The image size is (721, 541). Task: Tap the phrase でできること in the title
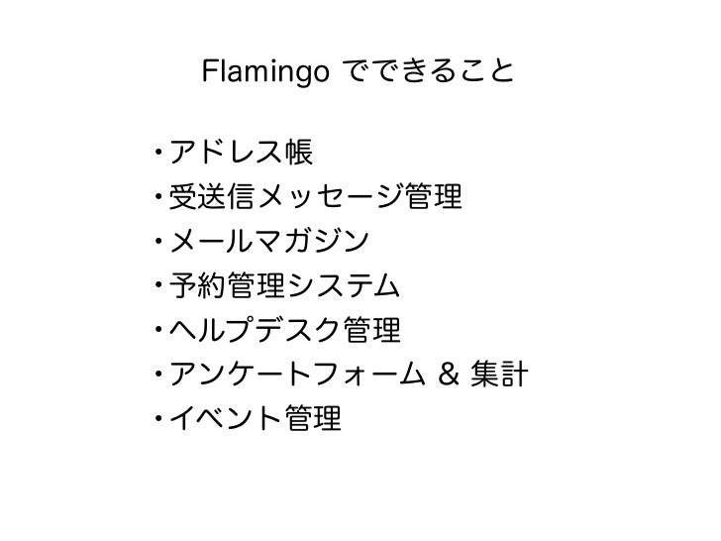click(x=427, y=71)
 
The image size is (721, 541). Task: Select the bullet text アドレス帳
click(x=241, y=153)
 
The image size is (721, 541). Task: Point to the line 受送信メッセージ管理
click(x=316, y=198)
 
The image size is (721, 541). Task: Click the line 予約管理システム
click(x=285, y=287)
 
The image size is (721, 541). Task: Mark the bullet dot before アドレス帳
click(x=158, y=154)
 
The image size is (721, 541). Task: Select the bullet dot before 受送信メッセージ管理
click(x=158, y=199)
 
